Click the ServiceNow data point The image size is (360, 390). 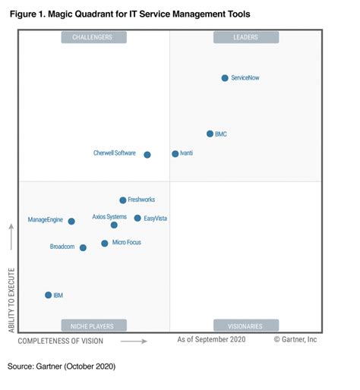coord(225,78)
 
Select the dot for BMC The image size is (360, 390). coord(210,134)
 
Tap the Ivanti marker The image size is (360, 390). coord(175,153)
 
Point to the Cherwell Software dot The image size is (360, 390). coord(147,155)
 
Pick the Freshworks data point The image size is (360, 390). coord(123,200)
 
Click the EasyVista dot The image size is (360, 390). coord(137,218)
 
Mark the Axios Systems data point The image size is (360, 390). coord(114,225)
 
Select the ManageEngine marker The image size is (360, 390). coord(71,222)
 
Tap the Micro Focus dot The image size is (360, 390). coord(105,244)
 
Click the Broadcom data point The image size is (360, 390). coord(83,247)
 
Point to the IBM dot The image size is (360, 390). coord(48,295)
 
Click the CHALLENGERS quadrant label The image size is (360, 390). coord(94,37)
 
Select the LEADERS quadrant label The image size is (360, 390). coord(246,37)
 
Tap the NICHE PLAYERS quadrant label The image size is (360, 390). coord(94,326)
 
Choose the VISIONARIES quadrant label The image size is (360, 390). coord(246,326)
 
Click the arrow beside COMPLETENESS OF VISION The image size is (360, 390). coord(134,341)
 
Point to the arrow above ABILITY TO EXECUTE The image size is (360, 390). coord(11,237)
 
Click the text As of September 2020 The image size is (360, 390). coord(211,339)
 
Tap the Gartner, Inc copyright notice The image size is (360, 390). coord(295,339)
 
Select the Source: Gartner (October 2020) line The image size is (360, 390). coord(62,366)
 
